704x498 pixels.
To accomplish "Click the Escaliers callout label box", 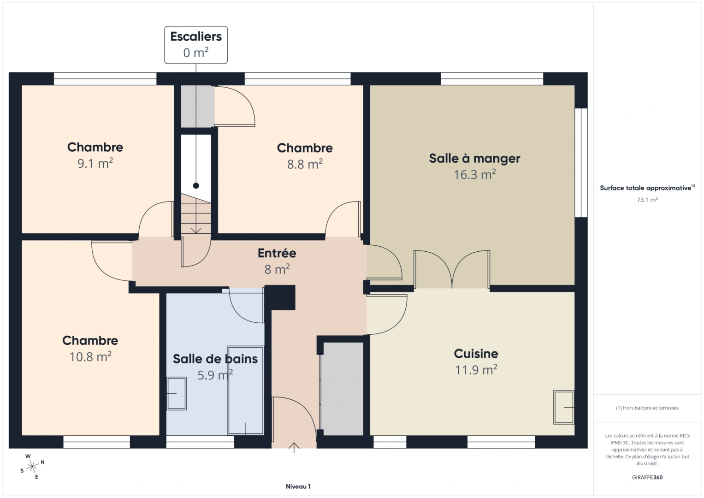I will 196,45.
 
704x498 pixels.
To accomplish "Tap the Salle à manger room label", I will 474,158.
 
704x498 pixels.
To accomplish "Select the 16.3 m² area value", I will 474,175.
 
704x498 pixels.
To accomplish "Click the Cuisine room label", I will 476,354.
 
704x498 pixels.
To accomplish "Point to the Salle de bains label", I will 215,359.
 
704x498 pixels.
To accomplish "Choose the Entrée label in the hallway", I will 277,253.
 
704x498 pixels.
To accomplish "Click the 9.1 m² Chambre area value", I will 95,163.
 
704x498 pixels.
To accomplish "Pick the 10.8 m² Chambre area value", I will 90,356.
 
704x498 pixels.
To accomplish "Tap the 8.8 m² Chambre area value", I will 305,164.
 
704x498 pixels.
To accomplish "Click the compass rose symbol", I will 32,467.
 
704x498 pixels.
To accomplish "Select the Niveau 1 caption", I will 298,486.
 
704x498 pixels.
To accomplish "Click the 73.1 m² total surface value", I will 647,200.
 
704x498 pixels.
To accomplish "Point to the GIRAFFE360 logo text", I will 647,477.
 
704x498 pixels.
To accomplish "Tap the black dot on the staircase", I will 196,186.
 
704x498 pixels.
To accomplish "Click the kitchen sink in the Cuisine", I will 563,407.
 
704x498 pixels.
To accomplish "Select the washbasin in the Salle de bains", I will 177,393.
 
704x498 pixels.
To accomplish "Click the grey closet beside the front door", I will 342,388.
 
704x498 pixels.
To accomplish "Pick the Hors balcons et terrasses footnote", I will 647,408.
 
